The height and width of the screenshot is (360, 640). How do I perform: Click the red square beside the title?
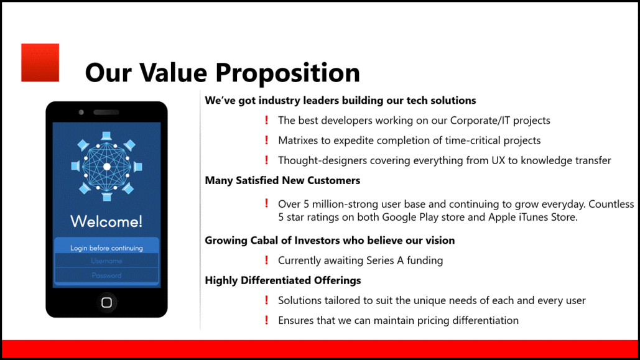click(40, 62)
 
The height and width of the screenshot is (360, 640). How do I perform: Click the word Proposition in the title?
click(288, 73)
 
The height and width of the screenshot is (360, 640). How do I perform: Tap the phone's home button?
click(106, 302)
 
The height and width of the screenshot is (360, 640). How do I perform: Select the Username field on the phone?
click(106, 261)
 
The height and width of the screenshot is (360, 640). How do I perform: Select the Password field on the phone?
click(106, 275)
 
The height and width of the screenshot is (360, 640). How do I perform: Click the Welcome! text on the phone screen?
click(106, 221)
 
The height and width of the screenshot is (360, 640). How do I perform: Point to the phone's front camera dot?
click(81, 113)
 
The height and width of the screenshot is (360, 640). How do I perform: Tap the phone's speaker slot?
click(106, 113)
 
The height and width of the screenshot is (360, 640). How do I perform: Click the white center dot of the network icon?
click(107, 167)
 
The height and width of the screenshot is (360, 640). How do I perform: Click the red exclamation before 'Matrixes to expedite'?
click(267, 140)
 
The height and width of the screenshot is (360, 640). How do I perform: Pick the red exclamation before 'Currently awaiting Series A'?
click(267, 260)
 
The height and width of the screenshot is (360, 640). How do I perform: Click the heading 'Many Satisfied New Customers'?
click(282, 180)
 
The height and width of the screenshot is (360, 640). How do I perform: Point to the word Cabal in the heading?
click(264, 241)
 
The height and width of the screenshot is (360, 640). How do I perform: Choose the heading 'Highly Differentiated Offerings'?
click(283, 280)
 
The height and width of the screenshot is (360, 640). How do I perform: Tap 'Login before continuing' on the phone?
click(106, 248)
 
